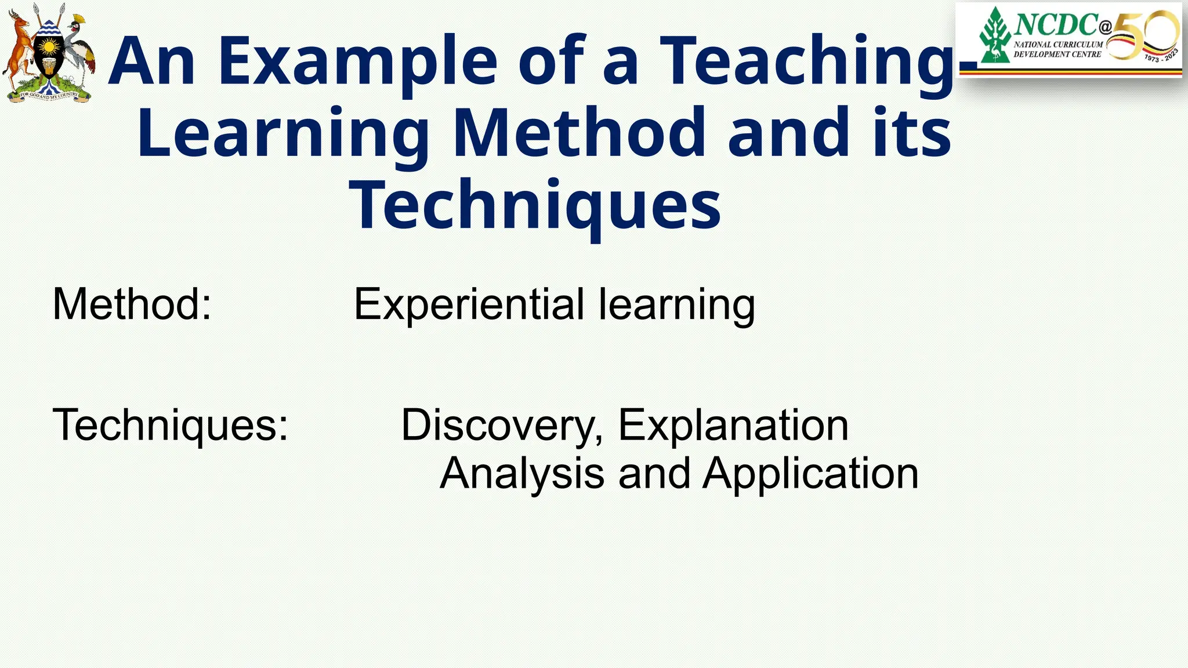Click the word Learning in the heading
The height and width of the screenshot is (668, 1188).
click(x=283, y=135)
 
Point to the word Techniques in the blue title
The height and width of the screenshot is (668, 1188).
click(x=535, y=206)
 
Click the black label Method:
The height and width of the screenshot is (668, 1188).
click(x=132, y=304)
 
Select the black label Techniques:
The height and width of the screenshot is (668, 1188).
click(x=171, y=425)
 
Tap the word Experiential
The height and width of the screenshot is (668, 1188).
click(x=469, y=304)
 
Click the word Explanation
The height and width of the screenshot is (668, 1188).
click(x=733, y=425)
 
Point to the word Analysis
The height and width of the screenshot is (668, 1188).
click(x=522, y=474)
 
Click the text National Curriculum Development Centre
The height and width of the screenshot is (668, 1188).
click(x=1057, y=49)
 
